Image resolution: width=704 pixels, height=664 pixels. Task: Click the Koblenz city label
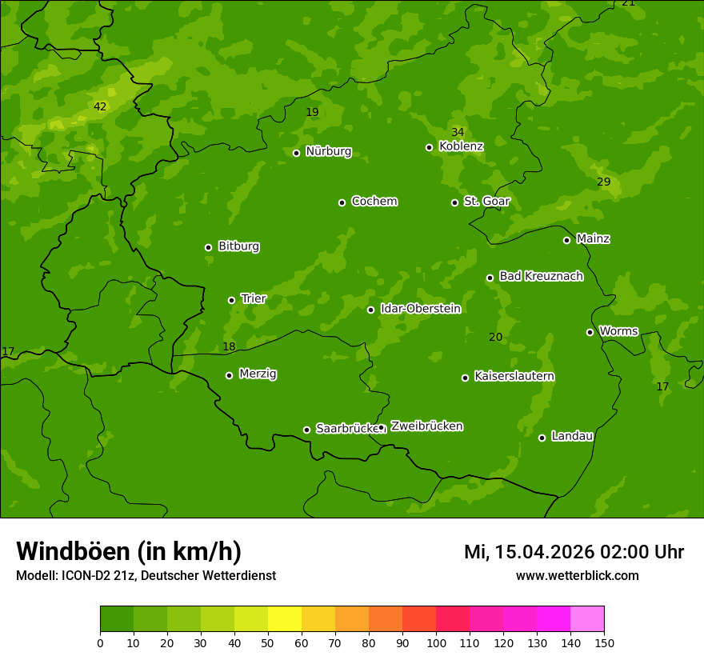[461, 146]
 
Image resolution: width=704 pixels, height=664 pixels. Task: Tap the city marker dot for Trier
[232, 300]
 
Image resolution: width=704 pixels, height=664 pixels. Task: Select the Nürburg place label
[328, 151]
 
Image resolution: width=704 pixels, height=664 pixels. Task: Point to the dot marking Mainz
[566, 240]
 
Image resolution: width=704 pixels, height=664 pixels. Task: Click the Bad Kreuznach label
[541, 276]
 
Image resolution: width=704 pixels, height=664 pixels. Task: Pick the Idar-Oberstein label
[420, 308]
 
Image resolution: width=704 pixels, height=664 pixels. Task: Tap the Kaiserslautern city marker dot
[465, 378]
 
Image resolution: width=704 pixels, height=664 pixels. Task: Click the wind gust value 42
[99, 106]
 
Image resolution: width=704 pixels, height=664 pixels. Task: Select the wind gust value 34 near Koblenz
[457, 132]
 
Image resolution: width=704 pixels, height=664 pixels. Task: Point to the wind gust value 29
[603, 182]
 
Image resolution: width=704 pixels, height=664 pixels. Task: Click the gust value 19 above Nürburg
[312, 112]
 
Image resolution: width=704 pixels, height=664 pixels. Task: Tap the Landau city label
[572, 436]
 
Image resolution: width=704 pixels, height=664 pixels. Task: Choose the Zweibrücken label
[426, 426]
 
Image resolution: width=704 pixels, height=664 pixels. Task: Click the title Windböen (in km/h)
[129, 551]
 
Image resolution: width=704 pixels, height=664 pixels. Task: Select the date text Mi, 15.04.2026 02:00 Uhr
[574, 552]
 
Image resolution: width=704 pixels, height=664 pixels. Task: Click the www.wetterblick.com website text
[577, 575]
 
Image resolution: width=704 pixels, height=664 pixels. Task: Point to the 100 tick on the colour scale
[436, 642]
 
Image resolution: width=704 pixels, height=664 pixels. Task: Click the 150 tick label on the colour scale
[604, 642]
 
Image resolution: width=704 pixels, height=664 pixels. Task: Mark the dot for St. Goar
[454, 202]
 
